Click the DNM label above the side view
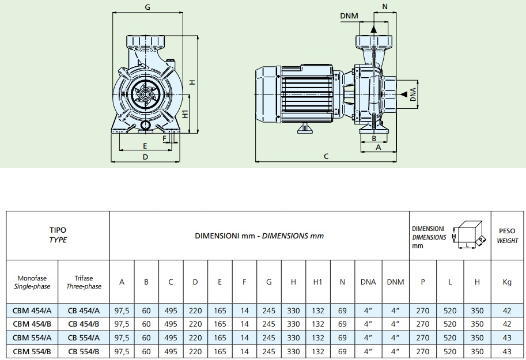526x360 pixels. pyautogui.click(x=349, y=16)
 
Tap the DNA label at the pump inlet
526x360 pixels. pyautogui.click(x=413, y=94)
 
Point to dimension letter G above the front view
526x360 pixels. pyautogui.click(x=147, y=7)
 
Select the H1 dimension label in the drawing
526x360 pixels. pyautogui.click(x=185, y=113)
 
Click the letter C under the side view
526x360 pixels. pyautogui.click(x=326, y=156)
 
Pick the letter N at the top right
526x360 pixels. pyautogui.click(x=385, y=6)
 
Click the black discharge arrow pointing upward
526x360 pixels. pyautogui.click(x=373, y=29)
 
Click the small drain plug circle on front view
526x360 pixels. pyautogui.click(x=146, y=126)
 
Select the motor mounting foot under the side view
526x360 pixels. pyautogui.click(x=305, y=128)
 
